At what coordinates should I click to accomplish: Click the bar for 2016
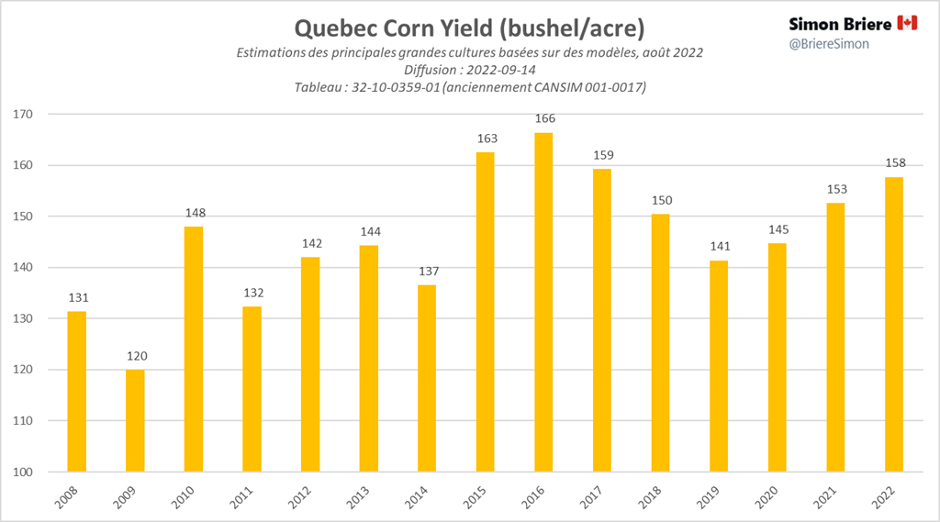[543, 303]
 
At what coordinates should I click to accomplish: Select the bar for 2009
[135, 421]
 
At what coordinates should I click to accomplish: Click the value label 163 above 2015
[486, 139]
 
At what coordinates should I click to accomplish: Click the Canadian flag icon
[907, 23]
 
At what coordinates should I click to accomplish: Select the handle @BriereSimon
[829, 43]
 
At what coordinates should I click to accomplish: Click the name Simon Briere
[840, 23]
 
